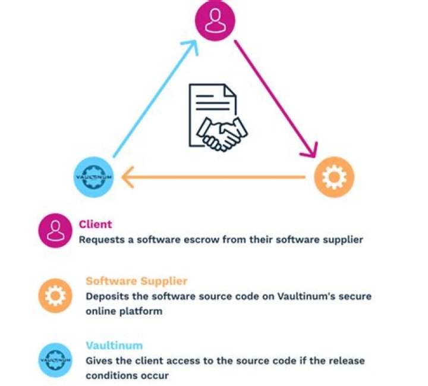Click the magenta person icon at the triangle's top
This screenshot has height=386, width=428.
click(x=215, y=21)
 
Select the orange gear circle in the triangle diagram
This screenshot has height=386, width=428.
click(x=333, y=177)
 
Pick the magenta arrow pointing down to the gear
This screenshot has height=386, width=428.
click(x=276, y=99)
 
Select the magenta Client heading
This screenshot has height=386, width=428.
click(x=95, y=225)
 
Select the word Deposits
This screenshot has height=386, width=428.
click(x=105, y=296)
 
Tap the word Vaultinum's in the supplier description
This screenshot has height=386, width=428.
click(x=287, y=296)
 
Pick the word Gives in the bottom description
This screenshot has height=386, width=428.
click(x=97, y=361)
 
